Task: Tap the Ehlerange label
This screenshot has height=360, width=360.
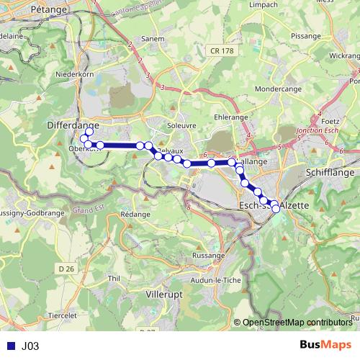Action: click(x=230, y=117)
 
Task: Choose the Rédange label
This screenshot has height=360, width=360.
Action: click(x=135, y=215)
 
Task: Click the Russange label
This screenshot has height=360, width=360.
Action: click(x=211, y=256)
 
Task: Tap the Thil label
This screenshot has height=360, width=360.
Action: click(x=113, y=277)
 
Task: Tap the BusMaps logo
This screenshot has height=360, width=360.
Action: click(x=326, y=346)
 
